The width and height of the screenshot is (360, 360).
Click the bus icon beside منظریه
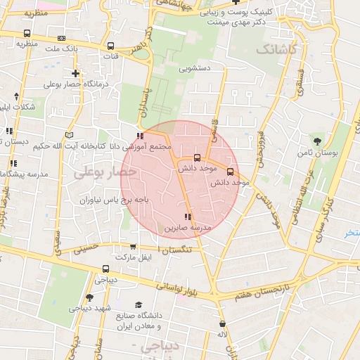pos(27,34)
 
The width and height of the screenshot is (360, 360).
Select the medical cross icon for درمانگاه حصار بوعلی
pos(76,73)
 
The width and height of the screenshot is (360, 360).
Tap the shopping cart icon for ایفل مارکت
pos(134,247)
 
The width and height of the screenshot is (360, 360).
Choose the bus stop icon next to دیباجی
pos(105,269)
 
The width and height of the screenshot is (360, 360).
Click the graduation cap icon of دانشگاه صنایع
pos(139,304)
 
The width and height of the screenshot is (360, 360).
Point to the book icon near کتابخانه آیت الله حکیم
pos(69,135)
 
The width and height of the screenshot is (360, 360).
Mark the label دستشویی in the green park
pos(195,70)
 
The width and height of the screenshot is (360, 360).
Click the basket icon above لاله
pos(223,324)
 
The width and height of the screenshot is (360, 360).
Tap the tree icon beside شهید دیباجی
pos(89,297)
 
